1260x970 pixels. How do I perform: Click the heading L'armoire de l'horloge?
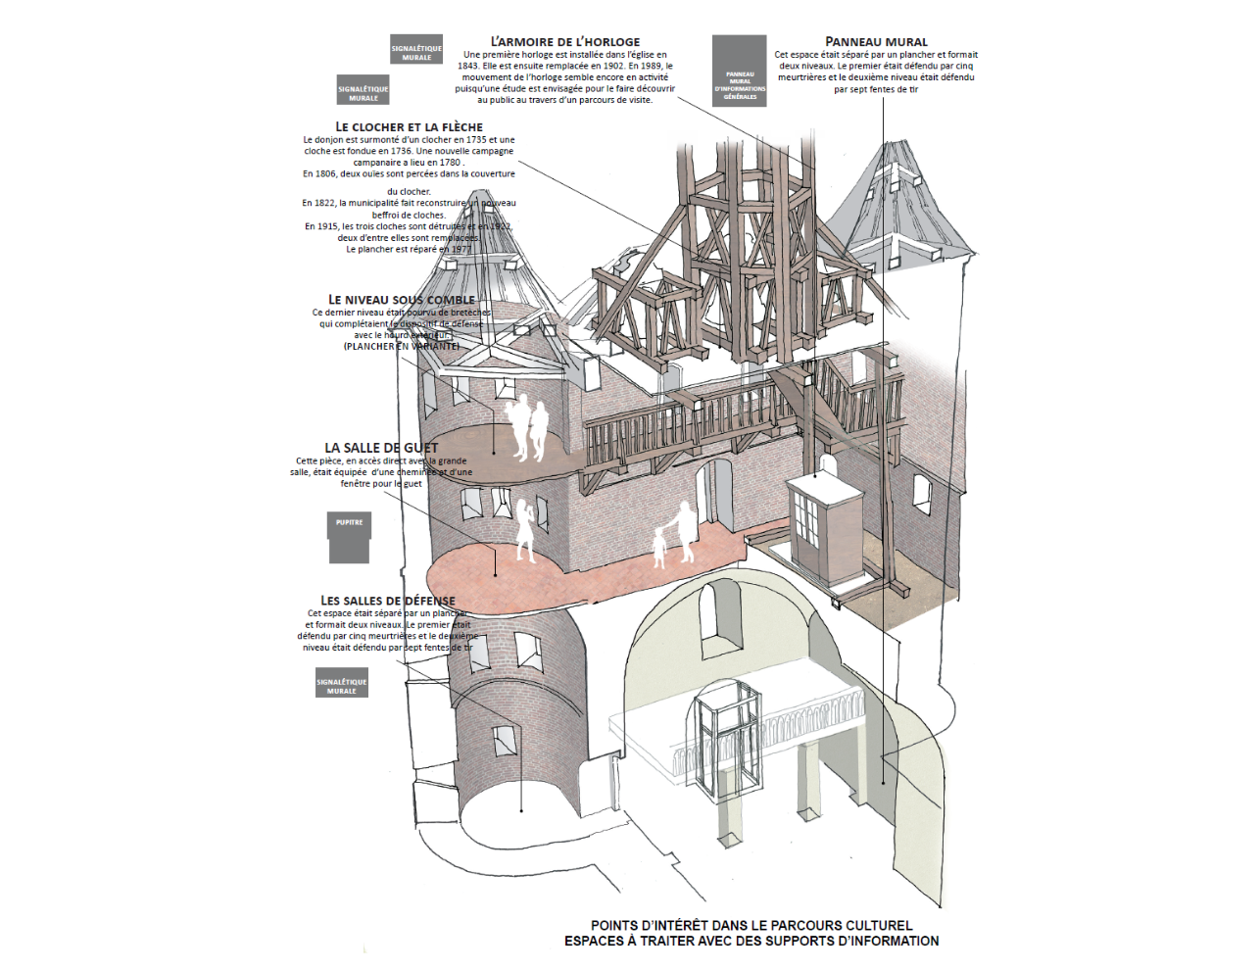[x=564, y=42]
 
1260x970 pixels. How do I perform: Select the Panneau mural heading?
[x=876, y=41]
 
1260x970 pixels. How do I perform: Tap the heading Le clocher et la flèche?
[x=409, y=126]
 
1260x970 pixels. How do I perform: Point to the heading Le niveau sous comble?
[x=401, y=300]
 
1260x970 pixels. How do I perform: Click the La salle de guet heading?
[x=381, y=448]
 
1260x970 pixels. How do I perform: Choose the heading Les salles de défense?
[x=387, y=601]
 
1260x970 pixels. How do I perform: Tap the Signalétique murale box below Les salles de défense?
[x=341, y=683]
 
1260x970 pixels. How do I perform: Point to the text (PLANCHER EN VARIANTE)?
[x=401, y=346]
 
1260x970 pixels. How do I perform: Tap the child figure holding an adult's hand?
[x=659, y=549]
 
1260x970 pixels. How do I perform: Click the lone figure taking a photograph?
[x=526, y=529]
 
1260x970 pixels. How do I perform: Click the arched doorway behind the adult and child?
[x=713, y=492]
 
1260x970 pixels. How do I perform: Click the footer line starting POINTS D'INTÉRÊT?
[x=751, y=925]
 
